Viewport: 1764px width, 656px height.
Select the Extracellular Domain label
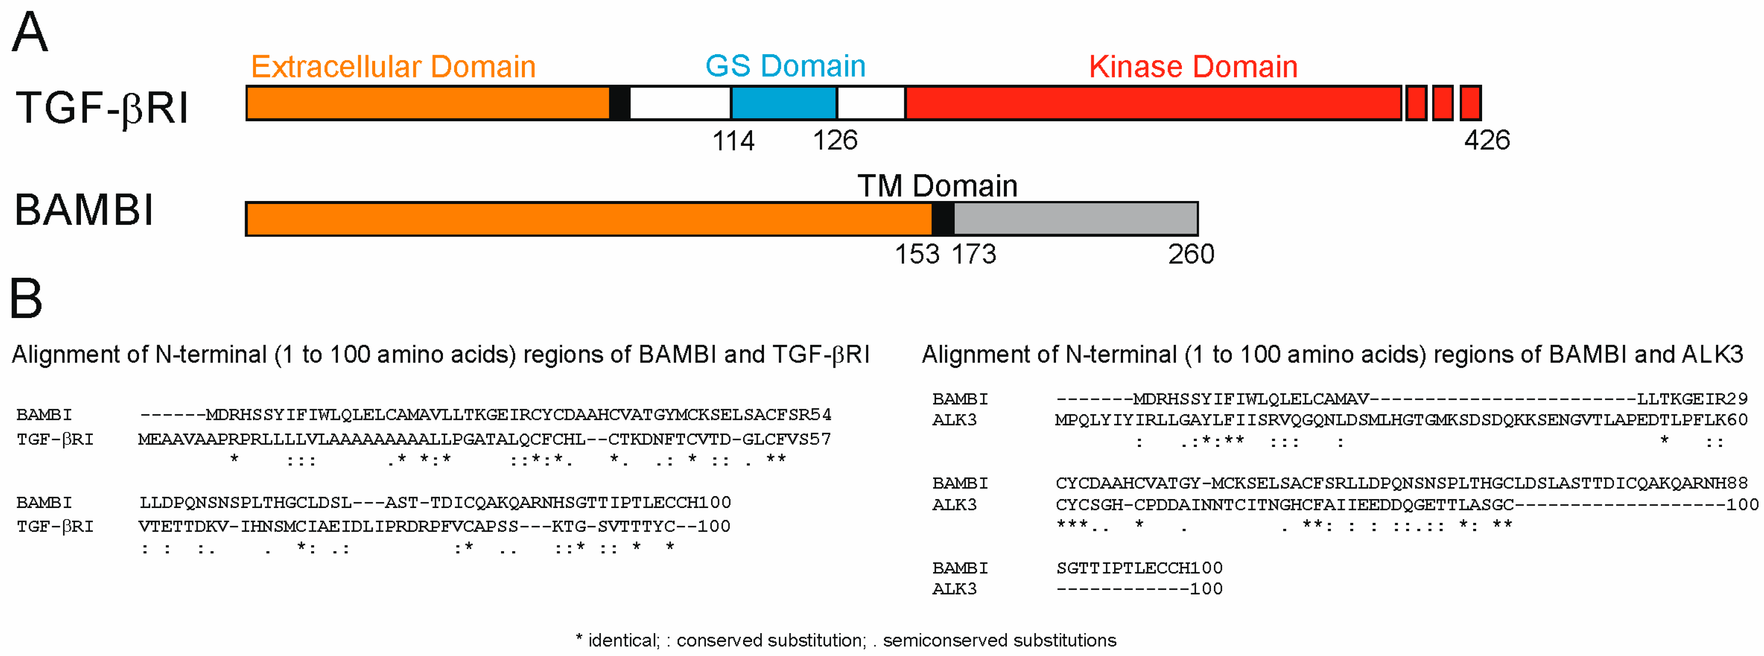[393, 67]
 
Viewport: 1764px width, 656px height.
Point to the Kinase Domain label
[1193, 67]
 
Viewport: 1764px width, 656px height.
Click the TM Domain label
[937, 186]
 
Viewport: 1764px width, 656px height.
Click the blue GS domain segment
[783, 103]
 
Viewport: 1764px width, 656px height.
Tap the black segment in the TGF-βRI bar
[619, 103]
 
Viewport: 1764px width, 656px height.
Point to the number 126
[835, 140]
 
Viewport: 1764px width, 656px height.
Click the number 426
[1487, 140]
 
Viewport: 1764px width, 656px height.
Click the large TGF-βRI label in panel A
[102, 108]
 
